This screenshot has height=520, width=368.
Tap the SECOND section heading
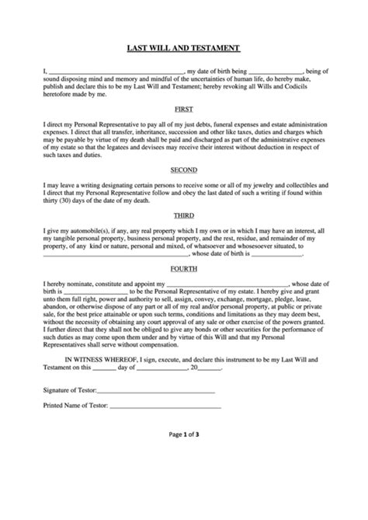tap(183, 169)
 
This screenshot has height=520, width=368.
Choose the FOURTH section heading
tap(183, 268)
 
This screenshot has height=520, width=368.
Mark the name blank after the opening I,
tap(117, 72)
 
